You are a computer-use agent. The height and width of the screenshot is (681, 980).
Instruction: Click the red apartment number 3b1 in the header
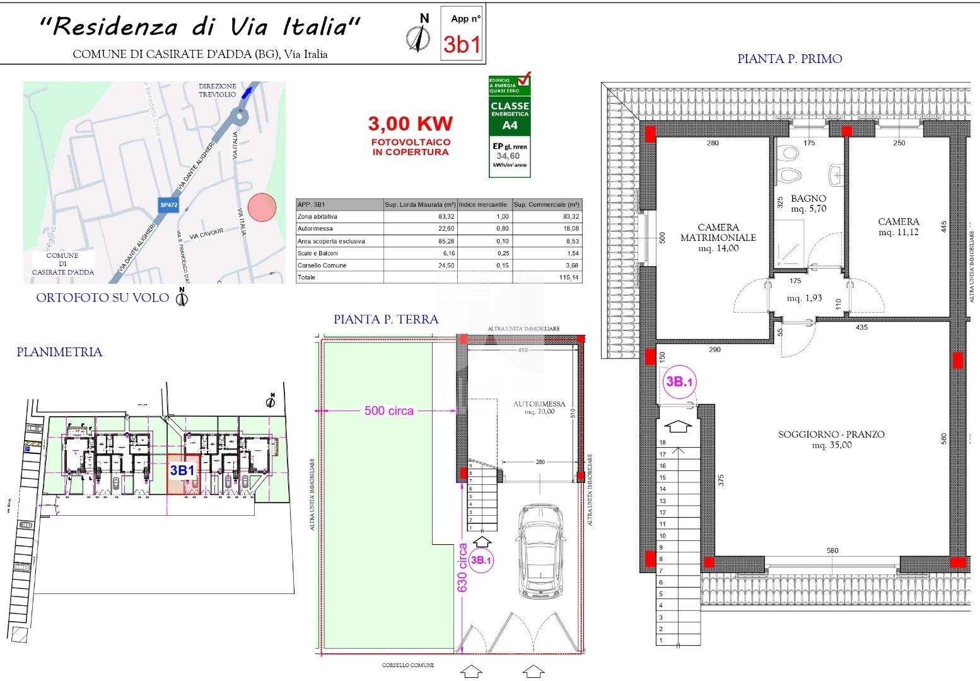click(462, 44)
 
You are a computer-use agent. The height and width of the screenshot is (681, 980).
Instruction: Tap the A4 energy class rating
click(510, 125)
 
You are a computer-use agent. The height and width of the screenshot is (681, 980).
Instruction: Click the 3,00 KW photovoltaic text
click(410, 124)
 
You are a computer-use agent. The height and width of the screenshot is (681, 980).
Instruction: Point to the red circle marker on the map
click(262, 207)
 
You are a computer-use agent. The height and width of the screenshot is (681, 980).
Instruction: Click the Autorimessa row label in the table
click(315, 229)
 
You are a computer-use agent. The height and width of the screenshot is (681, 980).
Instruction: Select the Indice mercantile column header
click(483, 205)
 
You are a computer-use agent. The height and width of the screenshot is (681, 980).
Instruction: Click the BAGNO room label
click(809, 199)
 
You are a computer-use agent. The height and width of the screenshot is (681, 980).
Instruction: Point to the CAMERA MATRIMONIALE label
click(718, 233)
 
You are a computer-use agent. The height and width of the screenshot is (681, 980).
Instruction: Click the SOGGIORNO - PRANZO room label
click(831, 434)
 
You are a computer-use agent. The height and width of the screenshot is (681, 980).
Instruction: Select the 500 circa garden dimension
click(389, 410)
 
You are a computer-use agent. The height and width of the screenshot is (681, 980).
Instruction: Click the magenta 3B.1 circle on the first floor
click(679, 381)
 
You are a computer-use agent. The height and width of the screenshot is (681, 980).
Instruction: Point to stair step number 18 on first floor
click(662, 443)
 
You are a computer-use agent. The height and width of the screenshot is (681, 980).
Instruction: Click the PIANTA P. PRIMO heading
click(790, 59)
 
